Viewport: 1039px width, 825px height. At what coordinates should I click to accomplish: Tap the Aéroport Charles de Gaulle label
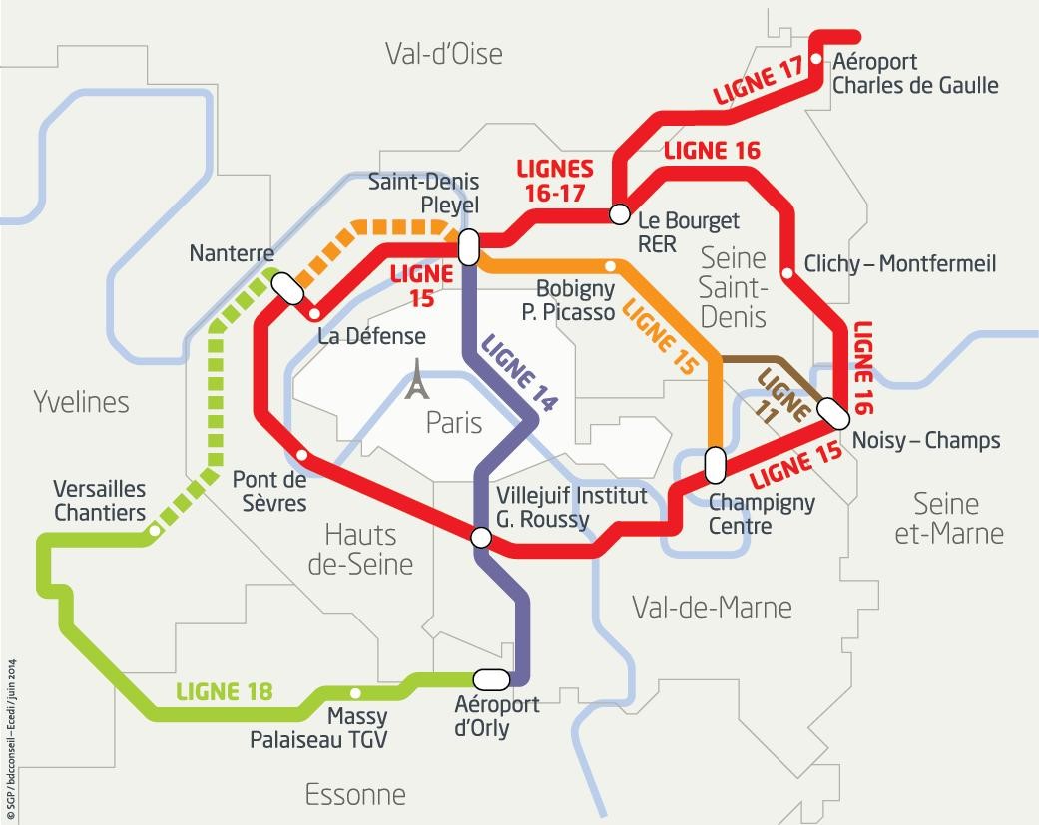click(x=914, y=74)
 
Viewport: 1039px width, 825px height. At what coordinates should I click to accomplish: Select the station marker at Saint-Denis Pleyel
click(x=467, y=246)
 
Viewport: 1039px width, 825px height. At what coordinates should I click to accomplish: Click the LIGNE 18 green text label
click(x=224, y=691)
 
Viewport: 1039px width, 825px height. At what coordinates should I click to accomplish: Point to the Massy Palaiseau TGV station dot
click(x=355, y=693)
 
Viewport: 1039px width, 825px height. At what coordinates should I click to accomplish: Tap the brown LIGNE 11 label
click(x=782, y=397)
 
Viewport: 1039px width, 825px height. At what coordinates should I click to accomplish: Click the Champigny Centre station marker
click(x=715, y=464)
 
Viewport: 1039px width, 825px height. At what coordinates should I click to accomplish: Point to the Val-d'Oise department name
click(x=444, y=53)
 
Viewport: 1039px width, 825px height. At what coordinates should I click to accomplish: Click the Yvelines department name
click(x=82, y=402)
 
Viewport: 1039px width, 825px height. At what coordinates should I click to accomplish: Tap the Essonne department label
click(x=355, y=795)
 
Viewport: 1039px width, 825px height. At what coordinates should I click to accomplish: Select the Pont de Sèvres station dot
click(x=302, y=456)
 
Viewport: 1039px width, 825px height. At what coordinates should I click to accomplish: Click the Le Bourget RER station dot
click(x=619, y=213)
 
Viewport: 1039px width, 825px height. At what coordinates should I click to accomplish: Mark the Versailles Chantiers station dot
click(x=153, y=532)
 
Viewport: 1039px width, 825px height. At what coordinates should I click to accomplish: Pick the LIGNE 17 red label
click(x=758, y=82)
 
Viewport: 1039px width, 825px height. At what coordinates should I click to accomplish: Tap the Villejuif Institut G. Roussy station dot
click(x=480, y=538)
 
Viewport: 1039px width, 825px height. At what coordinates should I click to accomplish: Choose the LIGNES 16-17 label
click(x=554, y=180)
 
